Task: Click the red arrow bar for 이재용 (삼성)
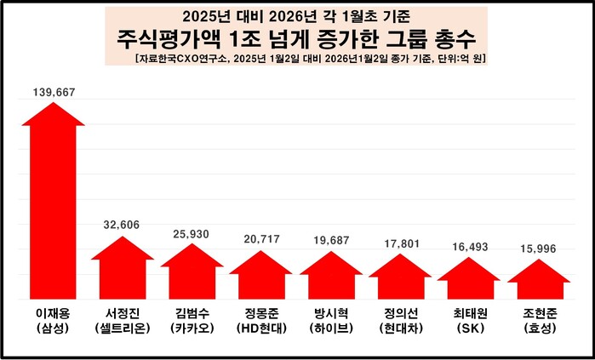[x=53, y=204]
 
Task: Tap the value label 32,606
[x=123, y=225]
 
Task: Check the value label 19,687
[x=330, y=241]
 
